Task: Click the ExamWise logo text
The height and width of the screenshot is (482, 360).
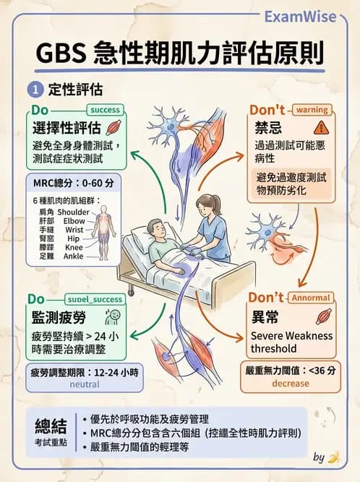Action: pyautogui.click(x=310, y=16)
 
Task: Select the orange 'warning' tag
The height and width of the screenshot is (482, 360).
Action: pyautogui.click(x=312, y=110)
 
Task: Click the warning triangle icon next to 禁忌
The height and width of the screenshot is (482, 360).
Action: pyautogui.click(x=322, y=128)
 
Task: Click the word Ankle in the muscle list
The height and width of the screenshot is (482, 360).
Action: pyautogui.click(x=73, y=255)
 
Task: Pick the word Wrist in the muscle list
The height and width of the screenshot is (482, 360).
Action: pyautogui.click(x=74, y=229)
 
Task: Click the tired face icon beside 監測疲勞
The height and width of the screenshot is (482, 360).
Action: pyautogui.click(x=111, y=317)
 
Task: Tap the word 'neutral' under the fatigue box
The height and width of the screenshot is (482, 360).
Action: pyautogui.click(x=84, y=385)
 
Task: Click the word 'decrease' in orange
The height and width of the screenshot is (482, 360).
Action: pyautogui.click(x=291, y=384)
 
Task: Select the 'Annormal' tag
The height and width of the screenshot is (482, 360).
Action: pyautogui.click(x=312, y=298)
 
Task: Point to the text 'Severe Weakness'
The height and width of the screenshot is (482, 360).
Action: pyautogui.click(x=291, y=335)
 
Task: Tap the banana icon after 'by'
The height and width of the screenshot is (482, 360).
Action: pyautogui.click(x=333, y=457)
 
